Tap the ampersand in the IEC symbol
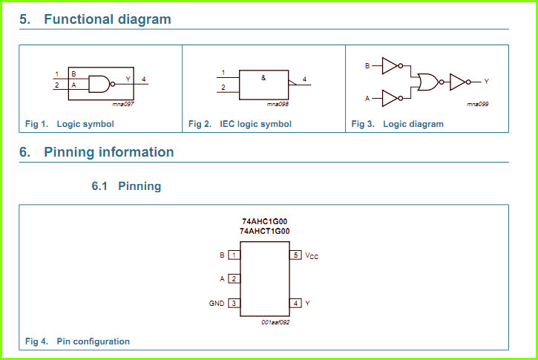(263, 78)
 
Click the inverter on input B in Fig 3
(392, 65)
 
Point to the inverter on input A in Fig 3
(392, 98)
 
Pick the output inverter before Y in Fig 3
(460, 82)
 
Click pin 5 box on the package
(295, 255)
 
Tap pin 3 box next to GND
(234, 303)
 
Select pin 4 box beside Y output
(295, 303)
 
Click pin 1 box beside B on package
(234, 255)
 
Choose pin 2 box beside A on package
(234, 278)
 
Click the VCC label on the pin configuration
(312, 256)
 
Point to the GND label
(217, 304)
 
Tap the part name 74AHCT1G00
(264, 232)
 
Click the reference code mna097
(123, 104)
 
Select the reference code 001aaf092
(275, 322)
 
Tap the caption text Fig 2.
(200, 124)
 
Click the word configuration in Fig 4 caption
(102, 341)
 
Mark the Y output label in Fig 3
(486, 82)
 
